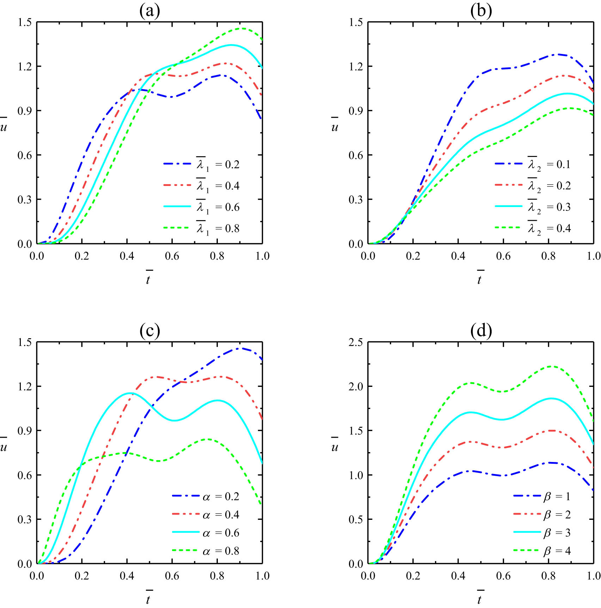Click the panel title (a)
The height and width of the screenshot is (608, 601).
pyautogui.click(x=150, y=11)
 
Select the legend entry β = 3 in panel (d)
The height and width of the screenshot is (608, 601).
pyautogui.click(x=557, y=533)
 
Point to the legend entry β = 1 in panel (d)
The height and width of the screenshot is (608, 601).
pyautogui.click(x=557, y=497)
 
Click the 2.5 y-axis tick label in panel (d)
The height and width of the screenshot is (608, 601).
pyautogui.click(x=355, y=342)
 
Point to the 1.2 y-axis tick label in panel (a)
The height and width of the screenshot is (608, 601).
pyautogui.click(x=25, y=66)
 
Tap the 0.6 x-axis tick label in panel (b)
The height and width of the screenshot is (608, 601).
pyautogui.click(x=503, y=256)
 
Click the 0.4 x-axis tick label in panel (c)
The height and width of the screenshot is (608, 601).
pyautogui.click(x=127, y=576)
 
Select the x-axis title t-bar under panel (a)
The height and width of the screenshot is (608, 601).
pyautogui.click(x=148, y=278)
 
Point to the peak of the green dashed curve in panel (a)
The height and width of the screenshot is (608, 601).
pyautogui.click(x=242, y=28)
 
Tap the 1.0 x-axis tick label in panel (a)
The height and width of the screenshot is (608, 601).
pyautogui.click(x=262, y=256)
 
